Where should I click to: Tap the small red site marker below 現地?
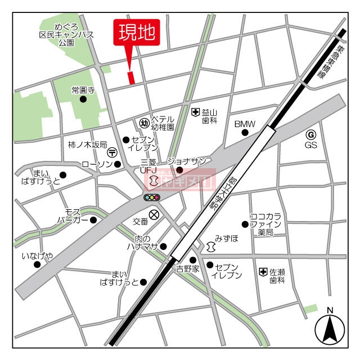point(132,78)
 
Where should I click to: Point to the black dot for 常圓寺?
point(83,100)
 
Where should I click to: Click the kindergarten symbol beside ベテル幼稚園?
point(144,123)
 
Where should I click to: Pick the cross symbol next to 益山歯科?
point(195,112)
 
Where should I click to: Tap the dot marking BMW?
point(245,133)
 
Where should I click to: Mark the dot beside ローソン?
point(118,164)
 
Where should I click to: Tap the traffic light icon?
point(152,197)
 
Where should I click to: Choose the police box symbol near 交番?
point(154,214)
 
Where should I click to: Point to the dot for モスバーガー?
point(93,219)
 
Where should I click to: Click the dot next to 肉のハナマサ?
point(163,246)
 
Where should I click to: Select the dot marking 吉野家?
point(192,259)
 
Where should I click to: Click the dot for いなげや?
point(37,264)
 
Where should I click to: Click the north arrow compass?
point(330,328)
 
